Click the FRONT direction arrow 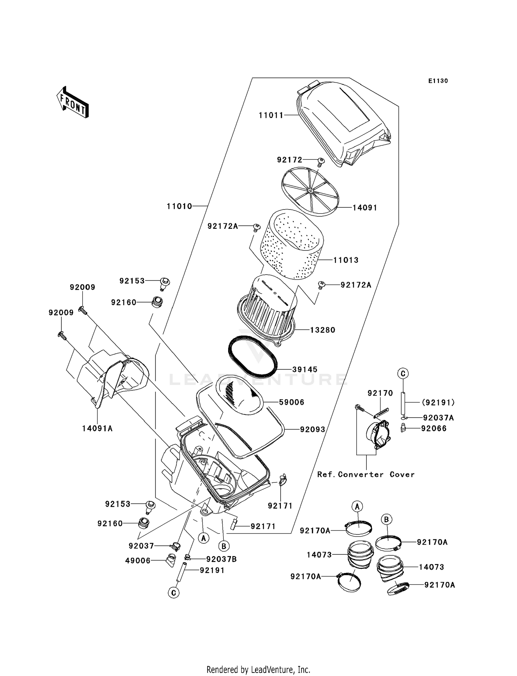coord(73,102)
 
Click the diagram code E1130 coord(438,81)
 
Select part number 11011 coord(271,115)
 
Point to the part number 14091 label coord(365,208)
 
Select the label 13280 coord(322,330)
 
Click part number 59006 coord(292,402)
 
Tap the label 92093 coord(312,430)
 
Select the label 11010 coord(179,206)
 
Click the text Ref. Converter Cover coord(366,474)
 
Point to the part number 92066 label coord(434,429)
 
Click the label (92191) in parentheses coord(438,402)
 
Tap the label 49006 coord(138,561)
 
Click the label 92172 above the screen coord(290,160)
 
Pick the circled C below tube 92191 coord(174,593)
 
